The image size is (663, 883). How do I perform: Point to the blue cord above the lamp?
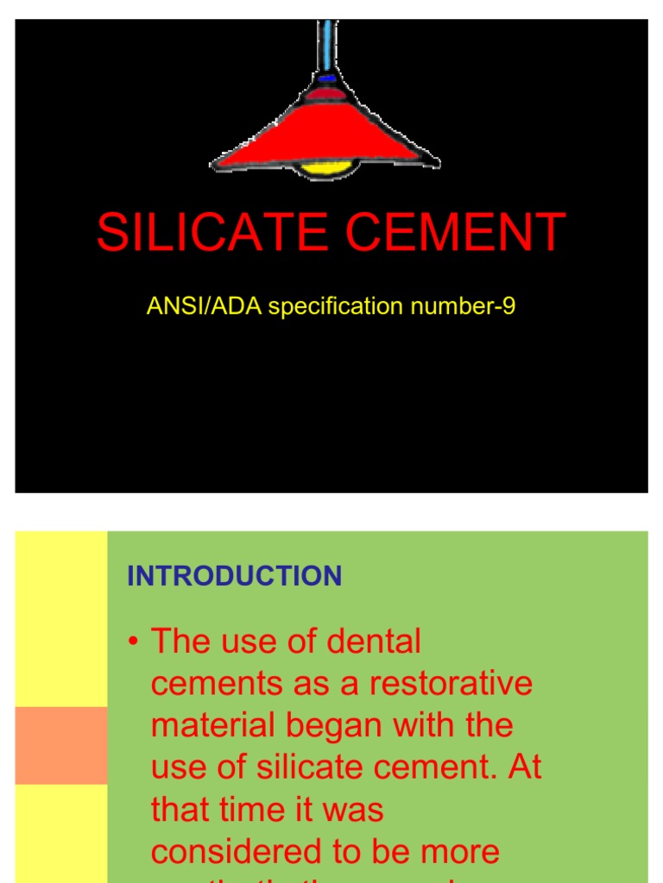327,43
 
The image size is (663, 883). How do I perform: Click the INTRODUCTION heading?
234,576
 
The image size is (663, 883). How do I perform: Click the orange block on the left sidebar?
61,745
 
